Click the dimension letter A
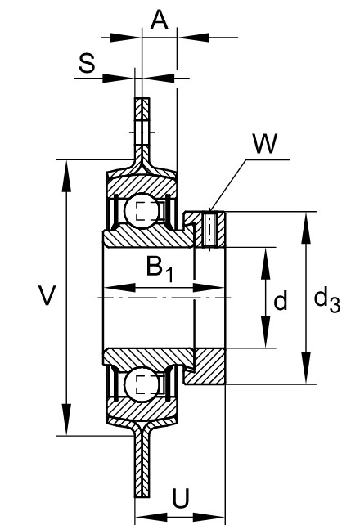pos(159,20)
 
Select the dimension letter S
pos(87,63)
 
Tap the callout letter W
pos(265,143)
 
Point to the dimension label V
pos(47,295)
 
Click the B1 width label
pos(160,268)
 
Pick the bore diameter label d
pos(281,300)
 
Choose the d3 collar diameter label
pos(326,300)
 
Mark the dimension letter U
pos(181,497)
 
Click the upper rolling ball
pos(142,211)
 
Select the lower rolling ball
pos(142,384)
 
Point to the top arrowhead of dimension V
pos(66,177)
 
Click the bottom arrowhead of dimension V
pos(66,420)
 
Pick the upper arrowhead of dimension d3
pos(305,228)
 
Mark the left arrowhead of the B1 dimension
pos(120,288)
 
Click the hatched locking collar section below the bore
pos(205,366)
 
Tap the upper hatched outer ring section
pos(142,185)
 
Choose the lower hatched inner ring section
pos(148,357)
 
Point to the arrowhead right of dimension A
pos(194,37)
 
